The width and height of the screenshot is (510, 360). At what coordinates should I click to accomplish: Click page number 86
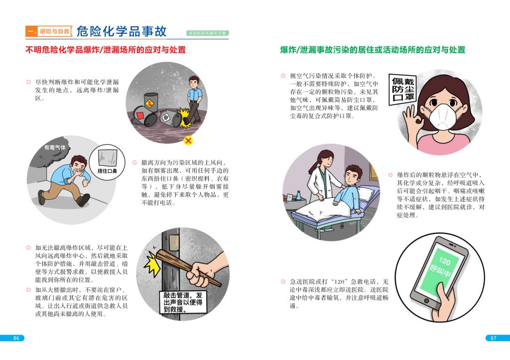tap(16, 338)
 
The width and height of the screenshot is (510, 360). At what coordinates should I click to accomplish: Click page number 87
tap(494, 338)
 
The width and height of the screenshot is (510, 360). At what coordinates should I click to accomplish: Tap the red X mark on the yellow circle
tap(188, 140)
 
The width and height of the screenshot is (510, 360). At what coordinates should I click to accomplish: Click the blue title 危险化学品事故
tap(122, 31)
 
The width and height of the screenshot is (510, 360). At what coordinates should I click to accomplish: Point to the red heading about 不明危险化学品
tap(106, 50)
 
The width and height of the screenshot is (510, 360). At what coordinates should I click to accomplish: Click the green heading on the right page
tap(373, 50)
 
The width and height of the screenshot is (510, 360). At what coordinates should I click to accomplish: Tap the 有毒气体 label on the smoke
tap(55, 147)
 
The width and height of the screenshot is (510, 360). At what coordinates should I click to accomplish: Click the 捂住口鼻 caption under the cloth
tap(107, 171)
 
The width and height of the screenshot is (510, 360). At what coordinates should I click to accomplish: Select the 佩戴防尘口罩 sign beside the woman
tap(402, 90)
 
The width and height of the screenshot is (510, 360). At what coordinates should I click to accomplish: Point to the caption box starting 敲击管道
tap(183, 302)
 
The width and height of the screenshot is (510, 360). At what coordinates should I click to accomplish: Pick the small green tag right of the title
tap(208, 33)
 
